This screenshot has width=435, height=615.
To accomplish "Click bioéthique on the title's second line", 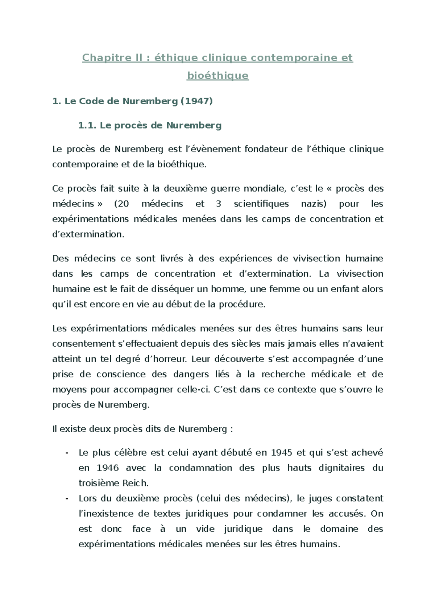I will (217, 75).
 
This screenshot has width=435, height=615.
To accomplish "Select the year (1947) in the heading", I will (196, 101).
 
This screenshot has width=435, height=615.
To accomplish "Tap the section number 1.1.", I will (87, 125).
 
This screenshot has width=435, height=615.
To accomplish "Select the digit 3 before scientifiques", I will (218, 204).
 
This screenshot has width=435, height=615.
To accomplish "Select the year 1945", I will (281, 452).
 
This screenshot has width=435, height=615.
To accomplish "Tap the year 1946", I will (108, 468).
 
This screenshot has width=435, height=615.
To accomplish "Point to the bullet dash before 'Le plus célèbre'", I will (67, 453).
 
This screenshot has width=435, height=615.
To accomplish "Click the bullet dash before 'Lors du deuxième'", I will (67, 498).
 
